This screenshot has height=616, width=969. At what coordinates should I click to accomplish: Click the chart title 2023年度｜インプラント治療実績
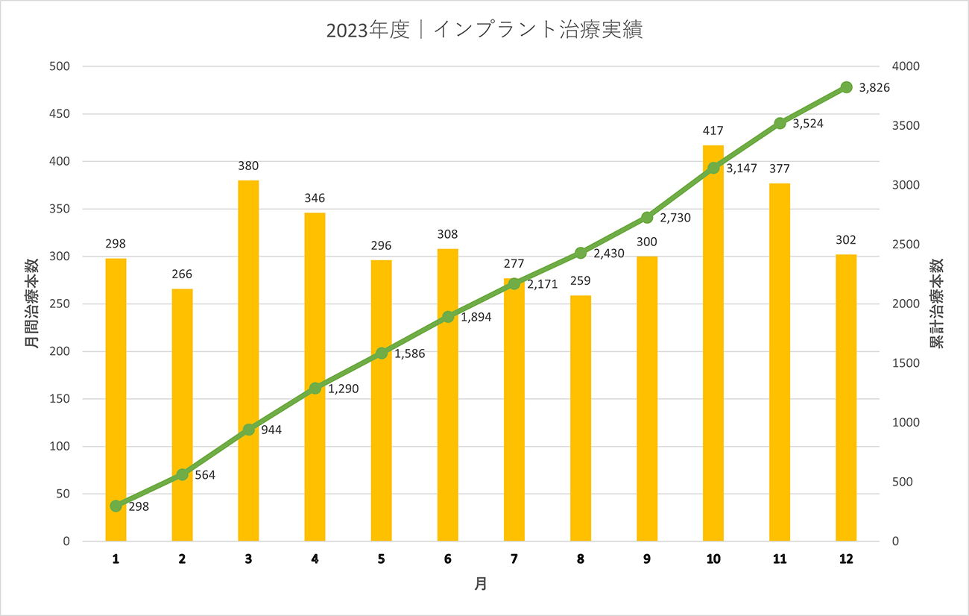[484, 31]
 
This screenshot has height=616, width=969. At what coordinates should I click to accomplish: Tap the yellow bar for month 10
[713, 343]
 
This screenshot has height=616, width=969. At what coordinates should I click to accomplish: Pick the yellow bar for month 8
[581, 418]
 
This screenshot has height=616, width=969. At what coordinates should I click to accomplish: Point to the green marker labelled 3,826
[846, 87]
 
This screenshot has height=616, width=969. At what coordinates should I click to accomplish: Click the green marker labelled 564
[182, 474]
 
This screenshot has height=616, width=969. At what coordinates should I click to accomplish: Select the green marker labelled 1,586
[382, 353]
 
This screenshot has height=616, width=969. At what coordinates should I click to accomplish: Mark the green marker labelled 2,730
[647, 217]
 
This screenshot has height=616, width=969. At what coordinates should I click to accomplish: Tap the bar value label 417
[713, 131]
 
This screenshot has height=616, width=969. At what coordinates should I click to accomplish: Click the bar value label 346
[315, 198]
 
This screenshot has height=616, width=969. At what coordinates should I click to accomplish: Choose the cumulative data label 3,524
[808, 124]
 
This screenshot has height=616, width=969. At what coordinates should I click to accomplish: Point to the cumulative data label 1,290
[344, 389]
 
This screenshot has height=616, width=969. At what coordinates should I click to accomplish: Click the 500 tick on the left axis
[60, 66]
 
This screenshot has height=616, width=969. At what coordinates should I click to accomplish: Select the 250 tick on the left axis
[60, 304]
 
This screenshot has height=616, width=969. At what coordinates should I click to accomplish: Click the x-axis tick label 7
[514, 559]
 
